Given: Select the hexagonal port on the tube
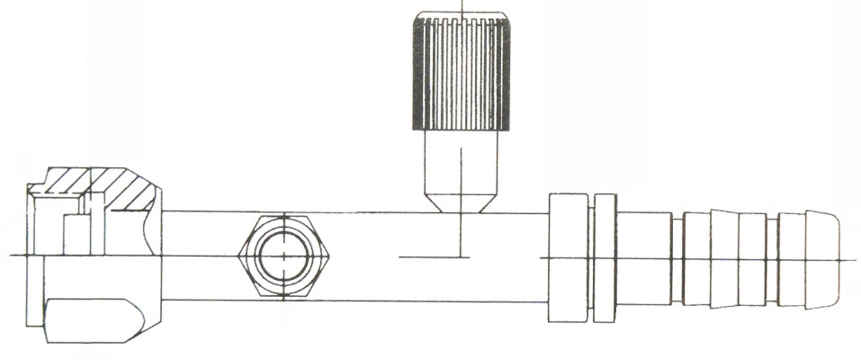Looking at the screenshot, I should tap(283, 256).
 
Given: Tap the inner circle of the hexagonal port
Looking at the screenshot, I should tap(283, 256).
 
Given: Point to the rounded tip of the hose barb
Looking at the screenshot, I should tap(822, 257).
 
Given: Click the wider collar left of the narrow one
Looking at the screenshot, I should tap(568, 257).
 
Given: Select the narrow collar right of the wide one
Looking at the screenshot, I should tap(605, 257).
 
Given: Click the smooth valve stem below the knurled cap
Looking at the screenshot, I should tap(460, 162).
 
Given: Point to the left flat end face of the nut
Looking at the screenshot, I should tap(33, 261).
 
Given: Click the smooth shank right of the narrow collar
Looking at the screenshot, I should tap(644, 257).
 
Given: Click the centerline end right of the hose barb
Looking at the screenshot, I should tap(850, 259).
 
